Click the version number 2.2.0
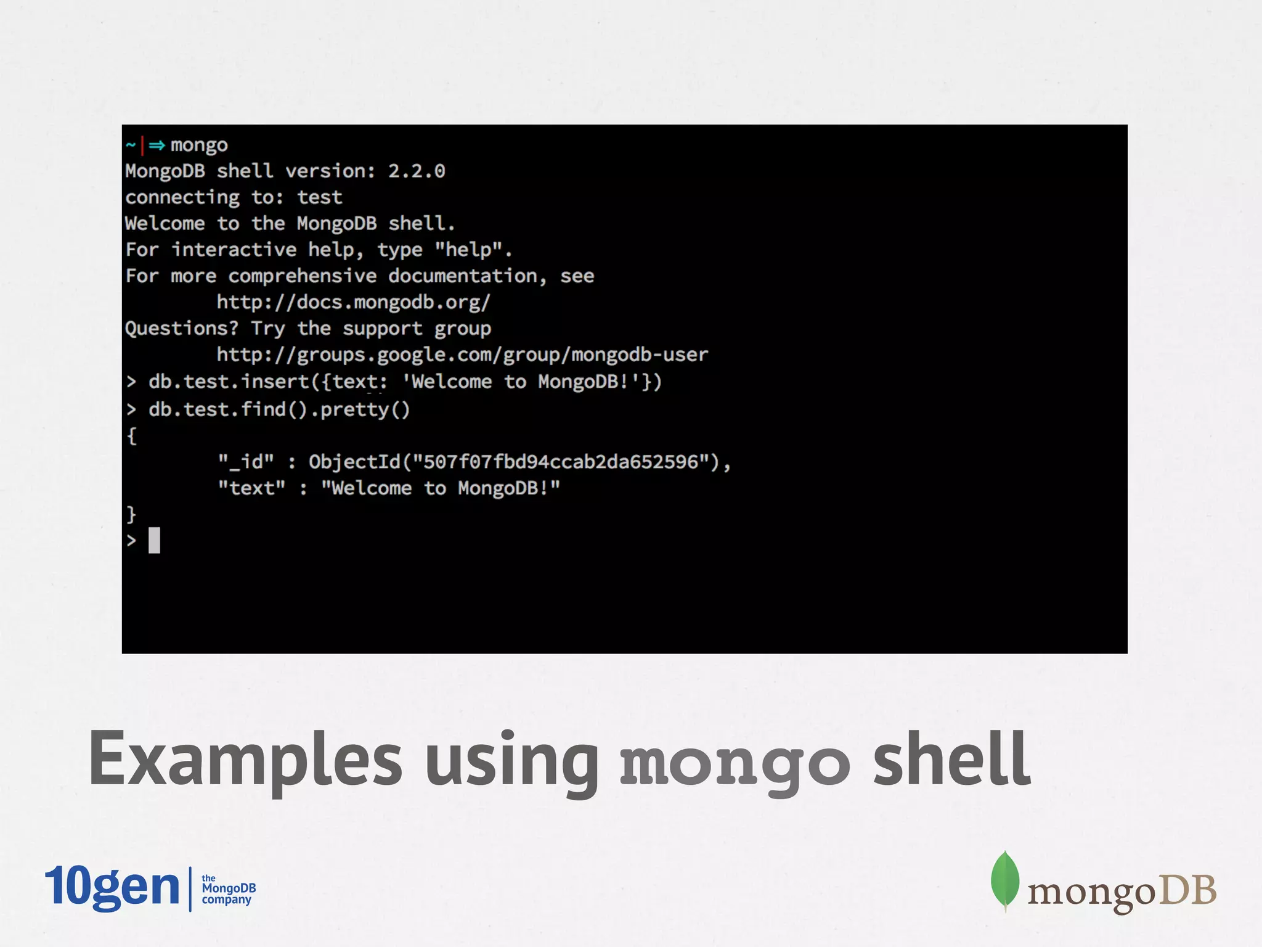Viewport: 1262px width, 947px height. (416, 171)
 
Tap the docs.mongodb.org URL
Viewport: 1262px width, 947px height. (353, 302)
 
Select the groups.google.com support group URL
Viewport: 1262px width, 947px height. (462, 355)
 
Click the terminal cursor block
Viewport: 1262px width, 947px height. (154, 540)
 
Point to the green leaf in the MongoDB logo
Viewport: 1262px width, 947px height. (1004, 880)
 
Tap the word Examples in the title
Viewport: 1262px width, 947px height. (245, 760)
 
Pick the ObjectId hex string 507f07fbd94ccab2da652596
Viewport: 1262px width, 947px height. (561, 462)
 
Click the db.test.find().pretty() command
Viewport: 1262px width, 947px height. (279, 409)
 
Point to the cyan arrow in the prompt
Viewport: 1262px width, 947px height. (157, 146)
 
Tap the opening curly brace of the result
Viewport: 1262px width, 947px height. (131, 436)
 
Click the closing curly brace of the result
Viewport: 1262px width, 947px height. (131, 514)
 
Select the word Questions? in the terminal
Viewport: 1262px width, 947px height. (181, 328)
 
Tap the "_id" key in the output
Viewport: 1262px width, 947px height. (246, 462)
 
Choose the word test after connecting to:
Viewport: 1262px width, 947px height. (319, 197)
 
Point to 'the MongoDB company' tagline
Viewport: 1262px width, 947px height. (228, 888)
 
